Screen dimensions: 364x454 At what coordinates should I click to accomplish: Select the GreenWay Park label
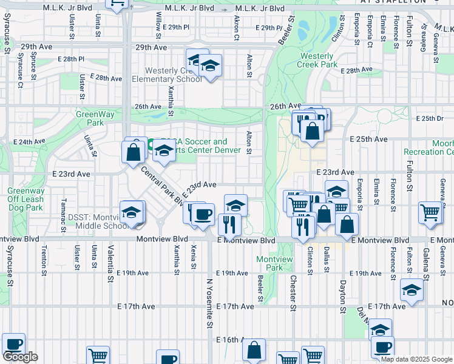tap(90, 118)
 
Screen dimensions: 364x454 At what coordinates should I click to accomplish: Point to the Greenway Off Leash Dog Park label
tap(25, 198)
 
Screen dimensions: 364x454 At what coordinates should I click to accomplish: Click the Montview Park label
tap(271, 263)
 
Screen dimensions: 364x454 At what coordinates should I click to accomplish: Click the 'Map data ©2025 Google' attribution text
tap(416, 359)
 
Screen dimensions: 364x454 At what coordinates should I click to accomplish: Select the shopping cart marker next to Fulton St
tap(430, 214)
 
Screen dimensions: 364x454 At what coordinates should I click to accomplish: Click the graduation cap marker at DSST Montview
tap(131, 212)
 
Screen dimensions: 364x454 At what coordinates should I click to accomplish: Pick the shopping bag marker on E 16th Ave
tap(254, 350)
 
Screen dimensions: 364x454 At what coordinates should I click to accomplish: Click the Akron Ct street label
tap(236, 28)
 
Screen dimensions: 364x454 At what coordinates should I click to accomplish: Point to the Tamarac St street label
tap(63, 210)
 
